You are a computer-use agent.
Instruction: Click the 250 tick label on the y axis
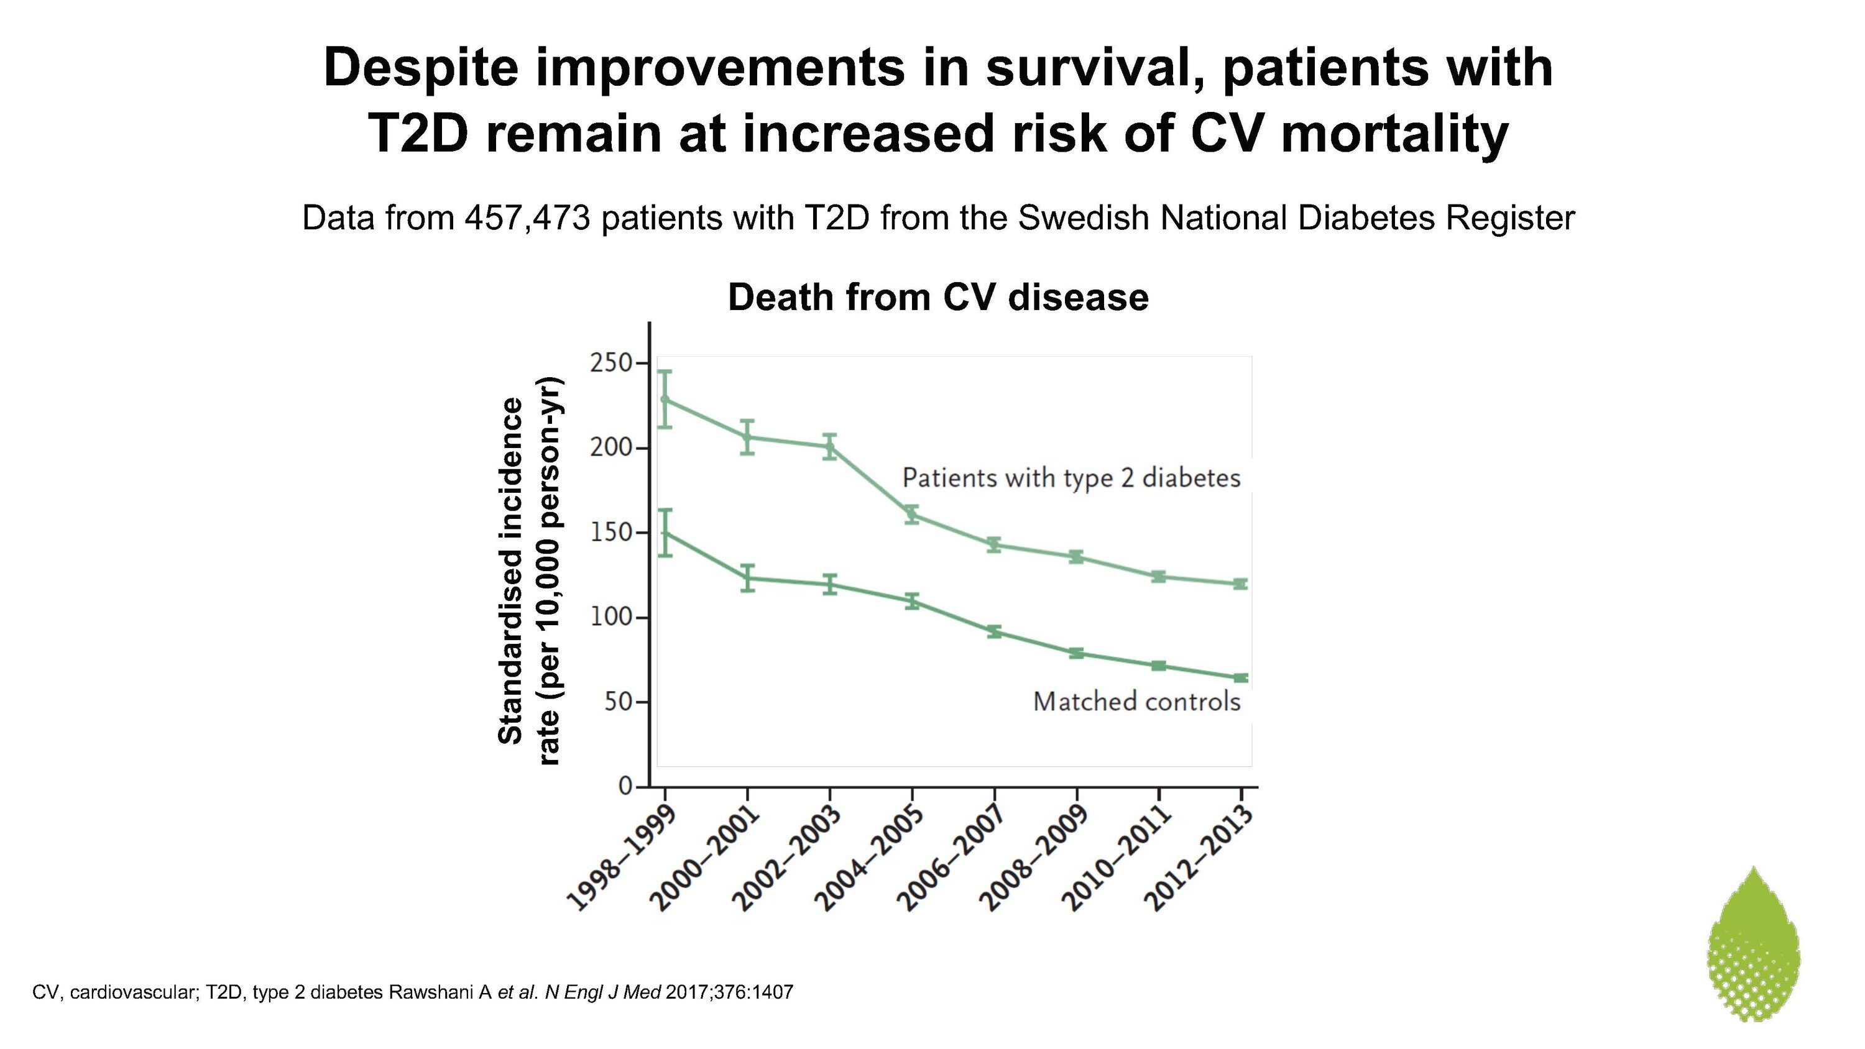pos(610,363)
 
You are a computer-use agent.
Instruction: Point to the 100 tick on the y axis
pos(640,618)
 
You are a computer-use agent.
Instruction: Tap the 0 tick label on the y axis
pos(625,786)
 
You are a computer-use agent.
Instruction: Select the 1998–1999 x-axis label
pos(622,857)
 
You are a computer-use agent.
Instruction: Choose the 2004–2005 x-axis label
pos(870,857)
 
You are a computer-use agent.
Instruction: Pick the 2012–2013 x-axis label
pos(1199,857)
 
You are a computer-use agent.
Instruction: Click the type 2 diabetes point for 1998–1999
pos(665,400)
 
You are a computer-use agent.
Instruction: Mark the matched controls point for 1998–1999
pos(665,533)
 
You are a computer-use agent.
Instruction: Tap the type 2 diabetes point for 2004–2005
pos(912,515)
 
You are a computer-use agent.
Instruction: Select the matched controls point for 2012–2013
pos(1241,677)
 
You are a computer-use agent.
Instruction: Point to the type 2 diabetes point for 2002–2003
pos(831,447)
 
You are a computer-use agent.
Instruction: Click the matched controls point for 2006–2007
pos(995,631)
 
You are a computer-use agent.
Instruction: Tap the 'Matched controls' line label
pos(1136,702)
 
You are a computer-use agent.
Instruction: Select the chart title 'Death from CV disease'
pos(938,298)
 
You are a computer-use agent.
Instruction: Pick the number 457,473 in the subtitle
pos(528,218)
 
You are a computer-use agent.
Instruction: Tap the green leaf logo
pos(1754,943)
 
